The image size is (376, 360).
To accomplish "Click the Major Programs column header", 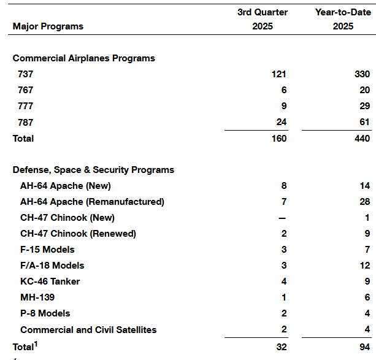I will [x=48, y=26].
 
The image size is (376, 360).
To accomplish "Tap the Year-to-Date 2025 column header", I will [x=343, y=19].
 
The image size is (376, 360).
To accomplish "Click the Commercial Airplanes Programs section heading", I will [x=84, y=58].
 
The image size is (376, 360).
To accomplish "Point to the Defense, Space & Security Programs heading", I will [x=93, y=170].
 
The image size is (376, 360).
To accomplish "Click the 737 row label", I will [x=26, y=74].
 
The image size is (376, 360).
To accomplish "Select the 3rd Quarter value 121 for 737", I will [x=278, y=74].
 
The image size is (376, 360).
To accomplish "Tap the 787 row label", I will [x=26, y=122].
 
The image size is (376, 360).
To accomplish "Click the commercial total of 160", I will [x=278, y=139].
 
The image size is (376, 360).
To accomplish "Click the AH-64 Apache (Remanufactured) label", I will [x=92, y=202].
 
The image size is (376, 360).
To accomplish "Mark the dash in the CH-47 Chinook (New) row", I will [x=283, y=218].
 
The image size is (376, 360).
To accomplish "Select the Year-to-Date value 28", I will [x=364, y=202].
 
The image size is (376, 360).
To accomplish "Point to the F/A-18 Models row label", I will [x=52, y=266].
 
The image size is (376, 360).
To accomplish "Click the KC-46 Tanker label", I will [x=50, y=281].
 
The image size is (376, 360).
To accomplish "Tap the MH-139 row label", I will [x=37, y=297].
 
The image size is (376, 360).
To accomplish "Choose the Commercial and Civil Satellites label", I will [x=88, y=329].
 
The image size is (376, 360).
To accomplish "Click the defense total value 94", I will [x=364, y=347].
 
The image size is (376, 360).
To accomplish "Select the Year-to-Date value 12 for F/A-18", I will [x=364, y=266].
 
